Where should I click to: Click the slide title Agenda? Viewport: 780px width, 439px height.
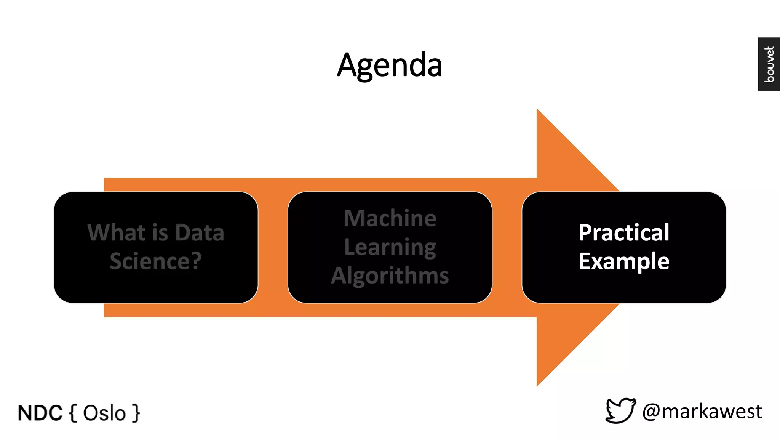click(390, 65)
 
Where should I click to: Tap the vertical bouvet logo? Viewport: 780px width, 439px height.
click(769, 64)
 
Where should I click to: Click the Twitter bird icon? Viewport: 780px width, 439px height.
click(620, 410)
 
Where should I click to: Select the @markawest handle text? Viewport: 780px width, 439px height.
click(702, 412)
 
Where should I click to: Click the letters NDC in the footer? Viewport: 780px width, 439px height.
click(40, 413)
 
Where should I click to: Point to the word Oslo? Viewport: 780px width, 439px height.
click(104, 413)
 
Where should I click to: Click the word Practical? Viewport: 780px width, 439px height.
click(624, 232)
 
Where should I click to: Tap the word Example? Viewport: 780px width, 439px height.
click(624, 261)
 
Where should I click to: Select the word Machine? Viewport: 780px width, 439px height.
click(390, 218)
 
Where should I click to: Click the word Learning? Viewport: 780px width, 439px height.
click(390, 247)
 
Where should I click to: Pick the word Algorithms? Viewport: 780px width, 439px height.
click(390, 276)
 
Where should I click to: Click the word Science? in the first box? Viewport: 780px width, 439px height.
click(156, 261)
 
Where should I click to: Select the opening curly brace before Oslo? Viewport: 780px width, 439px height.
click(74, 413)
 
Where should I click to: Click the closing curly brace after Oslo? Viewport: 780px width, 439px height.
click(136, 413)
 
